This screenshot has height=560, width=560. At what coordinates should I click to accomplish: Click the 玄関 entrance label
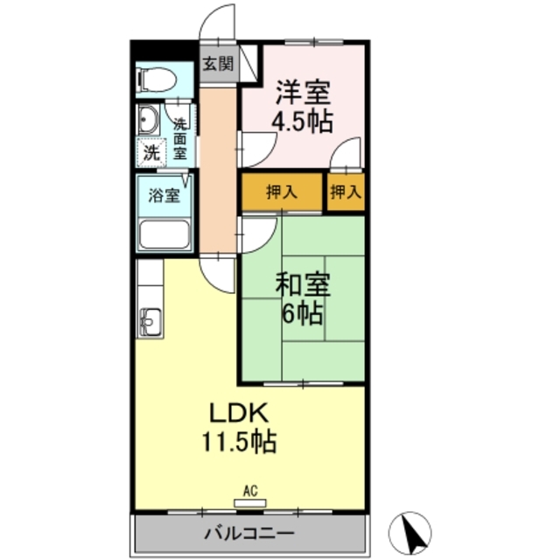(219, 63)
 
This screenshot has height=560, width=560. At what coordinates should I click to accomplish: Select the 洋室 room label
(303, 91)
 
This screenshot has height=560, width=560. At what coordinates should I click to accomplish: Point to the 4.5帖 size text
(302, 121)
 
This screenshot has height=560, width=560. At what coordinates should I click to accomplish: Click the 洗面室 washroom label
(179, 138)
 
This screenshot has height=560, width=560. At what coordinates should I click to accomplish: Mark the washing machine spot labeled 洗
(152, 150)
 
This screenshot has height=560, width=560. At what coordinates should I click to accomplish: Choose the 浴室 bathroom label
(164, 194)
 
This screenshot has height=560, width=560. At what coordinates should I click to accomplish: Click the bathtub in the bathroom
(164, 234)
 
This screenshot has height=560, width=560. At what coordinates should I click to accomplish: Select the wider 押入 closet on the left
(282, 192)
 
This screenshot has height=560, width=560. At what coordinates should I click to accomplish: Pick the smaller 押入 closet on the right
(346, 192)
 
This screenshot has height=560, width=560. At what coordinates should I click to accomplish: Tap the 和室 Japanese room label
(303, 284)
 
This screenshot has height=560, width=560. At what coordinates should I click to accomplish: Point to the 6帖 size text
(302, 312)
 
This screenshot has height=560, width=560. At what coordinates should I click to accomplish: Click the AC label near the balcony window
(249, 492)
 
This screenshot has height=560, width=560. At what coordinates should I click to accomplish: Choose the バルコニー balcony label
(249, 533)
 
